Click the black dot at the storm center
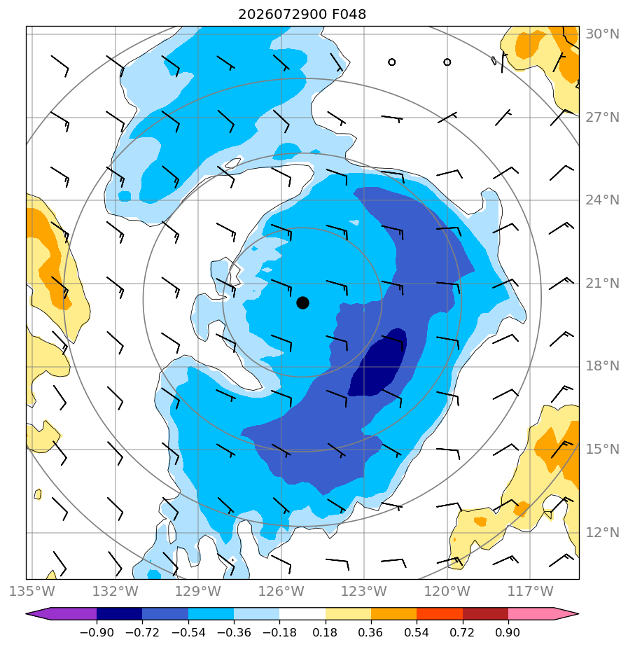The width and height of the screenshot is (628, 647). pyautogui.click(x=302, y=302)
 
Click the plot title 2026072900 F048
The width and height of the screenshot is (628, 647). pyautogui.click(x=302, y=15)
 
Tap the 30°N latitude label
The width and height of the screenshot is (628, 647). pyautogui.click(x=602, y=34)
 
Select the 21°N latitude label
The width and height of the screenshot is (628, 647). pyautogui.click(x=602, y=284)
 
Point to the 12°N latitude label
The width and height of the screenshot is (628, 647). pyautogui.click(x=602, y=533)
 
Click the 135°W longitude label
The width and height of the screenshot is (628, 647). pyautogui.click(x=32, y=591)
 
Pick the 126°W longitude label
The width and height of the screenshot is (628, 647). pyautogui.click(x=281, y=591)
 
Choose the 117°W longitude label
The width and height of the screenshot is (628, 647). pyautogui.click(x=530, y=591)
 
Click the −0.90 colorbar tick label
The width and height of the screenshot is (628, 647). pyautogui.click(x=97, y=632)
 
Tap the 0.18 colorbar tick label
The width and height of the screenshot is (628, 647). pyautogui.click(x=325, y=632)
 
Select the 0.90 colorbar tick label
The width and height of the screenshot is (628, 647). pyautogui.click(x=508, y=632)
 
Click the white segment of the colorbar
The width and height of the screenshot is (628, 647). pyautogui.click(x=302, y=613)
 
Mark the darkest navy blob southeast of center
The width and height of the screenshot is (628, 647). pyautogui.click(x=378, y=363)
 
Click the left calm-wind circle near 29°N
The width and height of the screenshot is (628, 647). pyautogui.click(x=391, y=62)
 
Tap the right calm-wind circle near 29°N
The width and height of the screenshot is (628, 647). pyautogui.click(x=447, y=62)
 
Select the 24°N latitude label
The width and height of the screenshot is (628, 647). pyautogui.click(x=602, y=200)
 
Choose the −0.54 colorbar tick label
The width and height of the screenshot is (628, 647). pyautogui.click(x=188, y=632)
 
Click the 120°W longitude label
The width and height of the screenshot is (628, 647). pyautogui.click(x=447, y=591)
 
